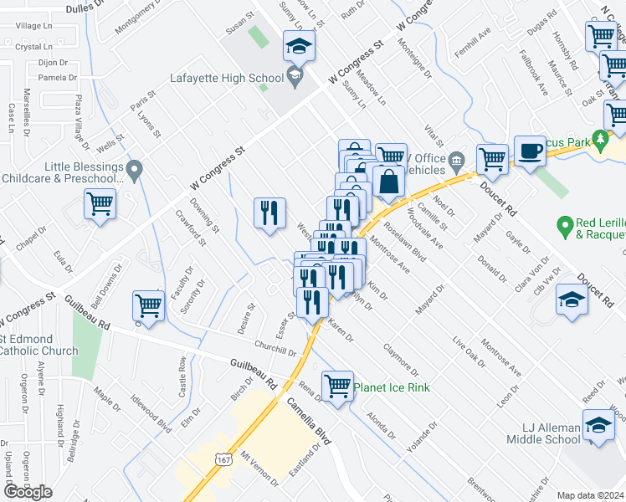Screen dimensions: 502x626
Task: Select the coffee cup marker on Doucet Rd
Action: (x=530, y=151)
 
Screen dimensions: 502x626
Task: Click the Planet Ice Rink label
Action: (x=392, y=387)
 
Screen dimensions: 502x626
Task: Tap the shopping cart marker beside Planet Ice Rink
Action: (x=337, y=387)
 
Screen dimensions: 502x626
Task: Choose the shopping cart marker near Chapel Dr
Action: (x=100, y=203)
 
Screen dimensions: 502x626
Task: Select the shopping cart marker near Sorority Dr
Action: (x=149, y=306)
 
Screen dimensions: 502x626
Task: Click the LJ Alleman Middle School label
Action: (x=542, y=433)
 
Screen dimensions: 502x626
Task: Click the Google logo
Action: (x=28, y=491)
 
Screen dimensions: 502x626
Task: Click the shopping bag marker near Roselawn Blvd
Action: (x=389, y=181)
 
